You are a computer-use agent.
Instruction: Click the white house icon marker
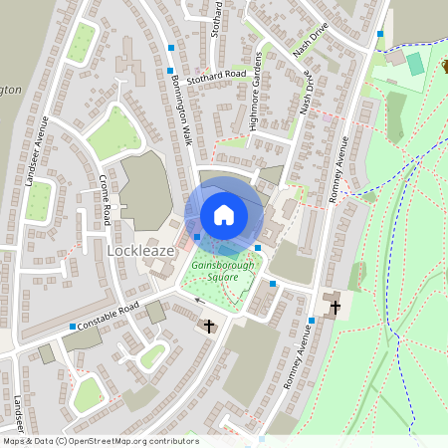click(x=224, y=214)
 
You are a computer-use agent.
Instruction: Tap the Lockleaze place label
click(x=139, y=252)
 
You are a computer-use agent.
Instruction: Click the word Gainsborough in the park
click(x=224, y=266)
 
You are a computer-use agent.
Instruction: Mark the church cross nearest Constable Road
click(x=209, y=326)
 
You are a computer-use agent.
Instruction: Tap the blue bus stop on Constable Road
click(x=73, y=327)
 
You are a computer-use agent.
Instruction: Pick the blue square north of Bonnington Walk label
click(x=172, y=48)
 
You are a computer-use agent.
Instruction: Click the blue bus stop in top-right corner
click(x=379, y=34)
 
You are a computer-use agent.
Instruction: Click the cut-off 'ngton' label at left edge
click(x=9, y=89)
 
